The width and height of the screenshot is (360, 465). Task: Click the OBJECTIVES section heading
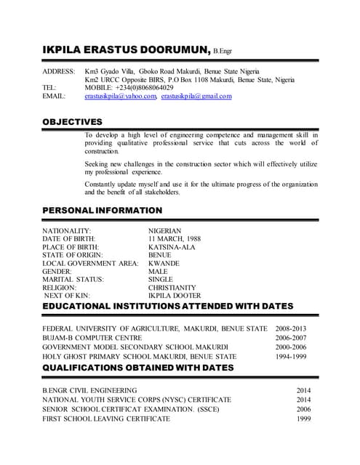(x=72, y=121)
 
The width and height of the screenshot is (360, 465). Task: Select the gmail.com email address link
(x=196, y=96)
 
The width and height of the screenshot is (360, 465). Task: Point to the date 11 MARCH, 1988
(x=175, y=239)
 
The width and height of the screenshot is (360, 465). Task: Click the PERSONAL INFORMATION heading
(x=102, y=211)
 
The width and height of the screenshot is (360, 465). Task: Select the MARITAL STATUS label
(x=73, y=279)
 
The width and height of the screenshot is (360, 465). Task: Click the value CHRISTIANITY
(x=172, y=288)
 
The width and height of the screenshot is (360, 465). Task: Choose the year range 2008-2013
(x=291, y=329)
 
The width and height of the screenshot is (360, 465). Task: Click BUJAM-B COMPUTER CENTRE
(x=92, y=338)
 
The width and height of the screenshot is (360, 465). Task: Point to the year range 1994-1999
(x=291, y=357)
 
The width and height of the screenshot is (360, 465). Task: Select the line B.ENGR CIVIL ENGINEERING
(x=90, y=391)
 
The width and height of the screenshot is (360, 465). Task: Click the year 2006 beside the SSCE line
(x=303, y=410)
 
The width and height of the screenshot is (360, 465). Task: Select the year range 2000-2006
(x=291, y=347)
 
